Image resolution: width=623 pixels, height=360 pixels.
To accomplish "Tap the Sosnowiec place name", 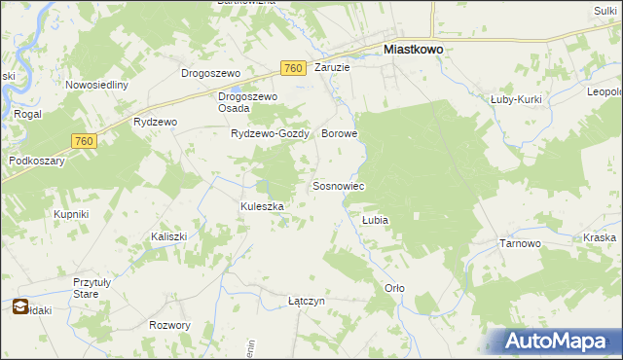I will (x=338, y=186).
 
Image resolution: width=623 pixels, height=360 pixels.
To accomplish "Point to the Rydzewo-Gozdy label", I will (x=269, y=134).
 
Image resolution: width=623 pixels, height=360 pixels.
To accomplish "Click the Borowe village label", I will (x=340, y=134).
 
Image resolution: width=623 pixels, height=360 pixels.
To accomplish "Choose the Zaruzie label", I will (x=332, y=68).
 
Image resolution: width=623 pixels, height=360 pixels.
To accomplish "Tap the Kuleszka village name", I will (x=262, y=206).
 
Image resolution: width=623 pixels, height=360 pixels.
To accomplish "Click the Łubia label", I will (x=376, y=221).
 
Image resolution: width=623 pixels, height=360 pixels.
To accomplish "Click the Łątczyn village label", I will (x=307, y=302).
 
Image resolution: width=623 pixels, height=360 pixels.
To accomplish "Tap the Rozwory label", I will (x=169, y=325).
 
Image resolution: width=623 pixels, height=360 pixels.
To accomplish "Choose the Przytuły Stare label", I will (x=93, y=288).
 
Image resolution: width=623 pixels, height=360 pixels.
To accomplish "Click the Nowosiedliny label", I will (x=97, y=85).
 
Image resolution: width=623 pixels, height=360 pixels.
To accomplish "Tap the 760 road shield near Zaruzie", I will (x=292, y=68).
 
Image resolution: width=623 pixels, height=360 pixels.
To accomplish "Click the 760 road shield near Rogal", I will (x=84, y=142).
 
